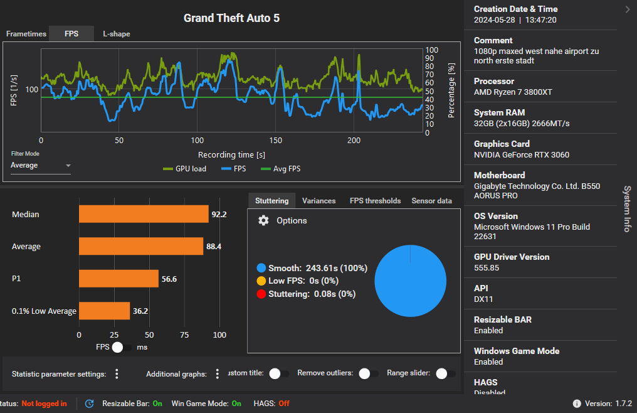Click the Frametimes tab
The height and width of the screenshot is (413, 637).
26,34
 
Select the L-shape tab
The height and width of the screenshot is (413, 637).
117,34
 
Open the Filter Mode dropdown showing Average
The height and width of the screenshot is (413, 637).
41,166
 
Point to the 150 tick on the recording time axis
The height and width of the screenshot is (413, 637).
276,141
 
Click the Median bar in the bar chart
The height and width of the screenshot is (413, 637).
144,214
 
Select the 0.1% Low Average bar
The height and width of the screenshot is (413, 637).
104,311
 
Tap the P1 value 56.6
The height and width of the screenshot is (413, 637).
169,279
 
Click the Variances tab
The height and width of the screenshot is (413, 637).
318,201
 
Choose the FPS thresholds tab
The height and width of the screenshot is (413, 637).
375,201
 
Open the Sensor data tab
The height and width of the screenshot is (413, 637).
431,201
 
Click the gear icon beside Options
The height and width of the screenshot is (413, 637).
264,221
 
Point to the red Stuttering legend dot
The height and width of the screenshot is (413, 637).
261,294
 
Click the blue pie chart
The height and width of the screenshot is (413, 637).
410,280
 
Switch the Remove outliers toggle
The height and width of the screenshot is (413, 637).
369,373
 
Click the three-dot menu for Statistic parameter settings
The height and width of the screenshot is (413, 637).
117,374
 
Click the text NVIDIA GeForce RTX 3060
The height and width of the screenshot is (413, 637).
522,155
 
